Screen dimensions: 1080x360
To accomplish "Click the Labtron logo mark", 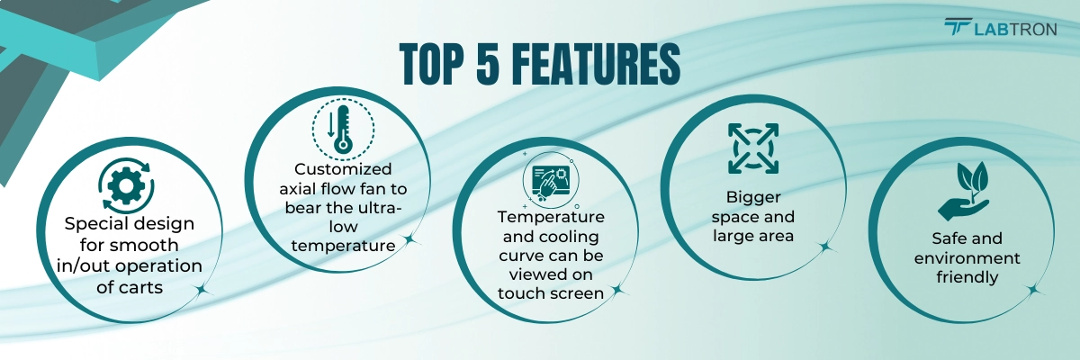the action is coord(957,27).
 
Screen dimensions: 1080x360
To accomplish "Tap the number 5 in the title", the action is coord(488,64).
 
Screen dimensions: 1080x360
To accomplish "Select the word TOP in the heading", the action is coord(431,64).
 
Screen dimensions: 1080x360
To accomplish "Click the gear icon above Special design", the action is coord(126,186).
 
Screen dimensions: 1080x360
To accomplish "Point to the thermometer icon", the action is coord(343,130).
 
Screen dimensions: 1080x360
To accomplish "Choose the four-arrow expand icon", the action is coord(752,148).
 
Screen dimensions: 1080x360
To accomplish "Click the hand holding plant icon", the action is coord(963,192).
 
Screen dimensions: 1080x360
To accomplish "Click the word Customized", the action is coord(343,169).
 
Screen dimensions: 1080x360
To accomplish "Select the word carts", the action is coord(143,288).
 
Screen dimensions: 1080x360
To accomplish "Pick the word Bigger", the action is coord(753,197).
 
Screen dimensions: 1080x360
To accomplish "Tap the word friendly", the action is coord(967,277).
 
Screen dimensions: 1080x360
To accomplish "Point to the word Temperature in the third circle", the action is coord(551,217).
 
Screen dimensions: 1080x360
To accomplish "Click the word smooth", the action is coord(149,246).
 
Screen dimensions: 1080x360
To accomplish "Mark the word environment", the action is coord(967,258).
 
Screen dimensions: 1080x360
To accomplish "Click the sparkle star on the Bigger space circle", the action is coord(826,247).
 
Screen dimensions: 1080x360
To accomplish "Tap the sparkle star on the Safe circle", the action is coord(1033,291).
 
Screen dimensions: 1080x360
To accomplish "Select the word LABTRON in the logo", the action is coord(1015,30).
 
